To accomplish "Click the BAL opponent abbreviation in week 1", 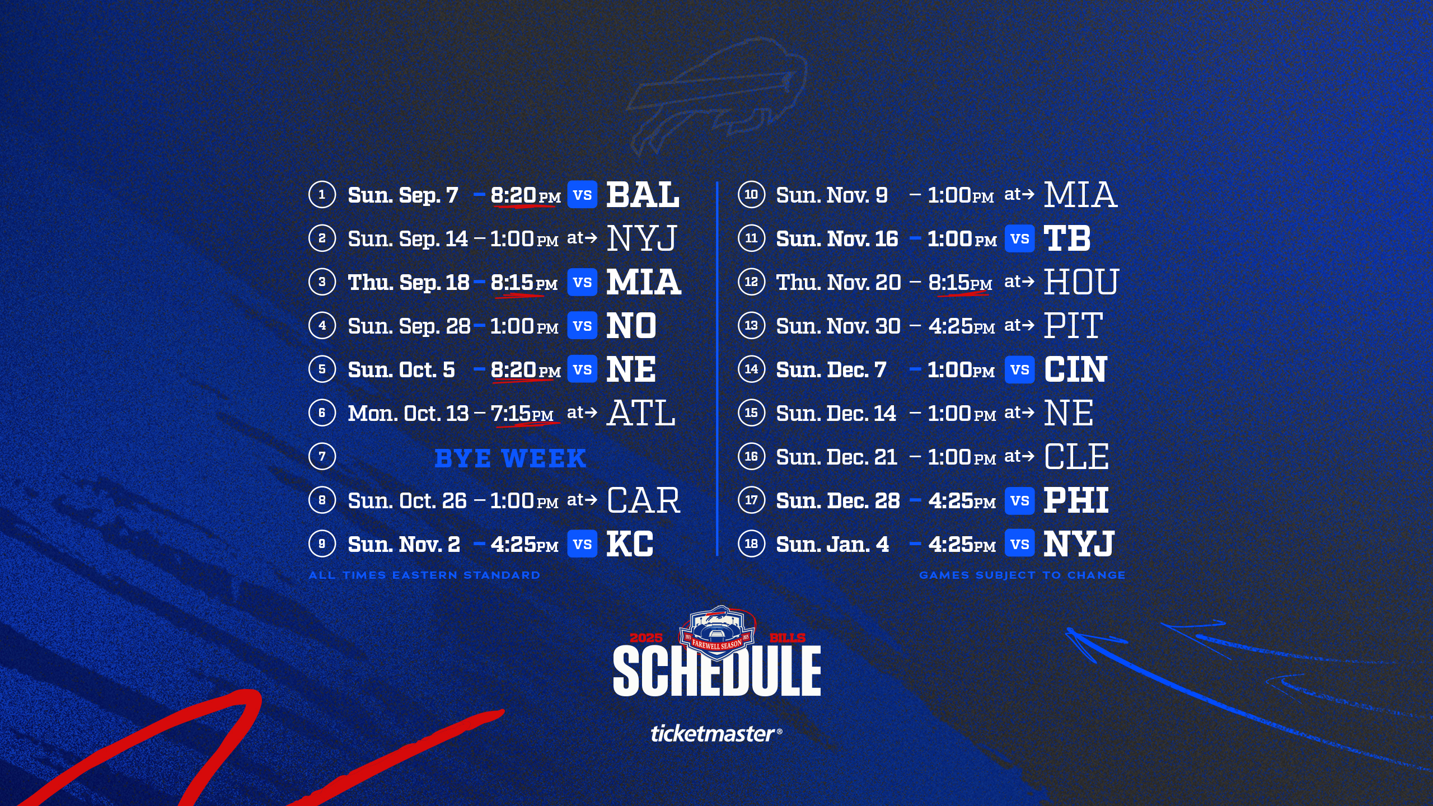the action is pos(643,195).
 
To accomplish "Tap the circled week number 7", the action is pos(322,456).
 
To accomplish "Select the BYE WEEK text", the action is pos(510,458).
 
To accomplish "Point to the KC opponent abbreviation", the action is pos(630,544).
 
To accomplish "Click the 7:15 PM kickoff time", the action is pos(522,414).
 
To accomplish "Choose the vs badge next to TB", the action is pos(1019,238).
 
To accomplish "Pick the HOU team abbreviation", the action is pos(1081,282).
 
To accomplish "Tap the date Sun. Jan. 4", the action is pos(832,544).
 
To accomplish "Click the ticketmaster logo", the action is pos(716,733).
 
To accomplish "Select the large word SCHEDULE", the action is pos(717,671).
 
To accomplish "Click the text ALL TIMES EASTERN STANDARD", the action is pos(424,575).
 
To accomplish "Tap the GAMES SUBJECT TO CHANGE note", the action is pos(1022,575).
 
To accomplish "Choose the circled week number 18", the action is pos(751,543).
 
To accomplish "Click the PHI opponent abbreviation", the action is pos(1076,500).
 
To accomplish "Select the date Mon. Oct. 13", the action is pos(408,414).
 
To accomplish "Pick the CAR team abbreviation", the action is pos(644,500).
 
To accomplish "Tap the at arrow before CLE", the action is pos(1019,456).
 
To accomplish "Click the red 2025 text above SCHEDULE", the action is pos(646,638).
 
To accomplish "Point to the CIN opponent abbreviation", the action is pos(1075,369).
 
